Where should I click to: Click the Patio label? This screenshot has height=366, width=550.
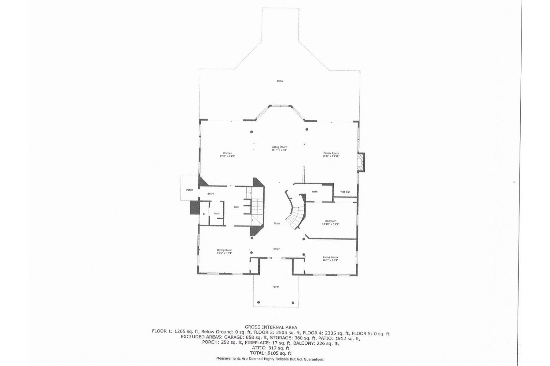280,81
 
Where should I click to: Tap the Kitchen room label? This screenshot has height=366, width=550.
227,153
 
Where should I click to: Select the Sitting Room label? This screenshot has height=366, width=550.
279,147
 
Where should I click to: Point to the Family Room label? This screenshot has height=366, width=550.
331,153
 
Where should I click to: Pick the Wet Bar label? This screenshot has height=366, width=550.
345,192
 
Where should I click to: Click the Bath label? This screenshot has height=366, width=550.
315,192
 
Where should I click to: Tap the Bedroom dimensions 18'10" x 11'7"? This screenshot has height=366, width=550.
331,224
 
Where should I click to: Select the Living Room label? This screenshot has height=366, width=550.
330,257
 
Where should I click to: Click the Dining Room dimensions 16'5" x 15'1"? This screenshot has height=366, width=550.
225,253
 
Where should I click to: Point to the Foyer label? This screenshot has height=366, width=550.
277,224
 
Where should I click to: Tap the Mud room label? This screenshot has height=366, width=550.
217,213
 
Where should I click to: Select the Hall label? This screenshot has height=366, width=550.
236,207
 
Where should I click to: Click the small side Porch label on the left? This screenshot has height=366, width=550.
189,190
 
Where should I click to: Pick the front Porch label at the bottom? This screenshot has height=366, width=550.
276,287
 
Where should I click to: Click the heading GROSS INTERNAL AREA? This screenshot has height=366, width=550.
271,328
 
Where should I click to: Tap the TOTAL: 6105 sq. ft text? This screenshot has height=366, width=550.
270,353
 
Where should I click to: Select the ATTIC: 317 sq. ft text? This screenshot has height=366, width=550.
270,348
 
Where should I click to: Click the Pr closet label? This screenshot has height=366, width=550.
204,214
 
